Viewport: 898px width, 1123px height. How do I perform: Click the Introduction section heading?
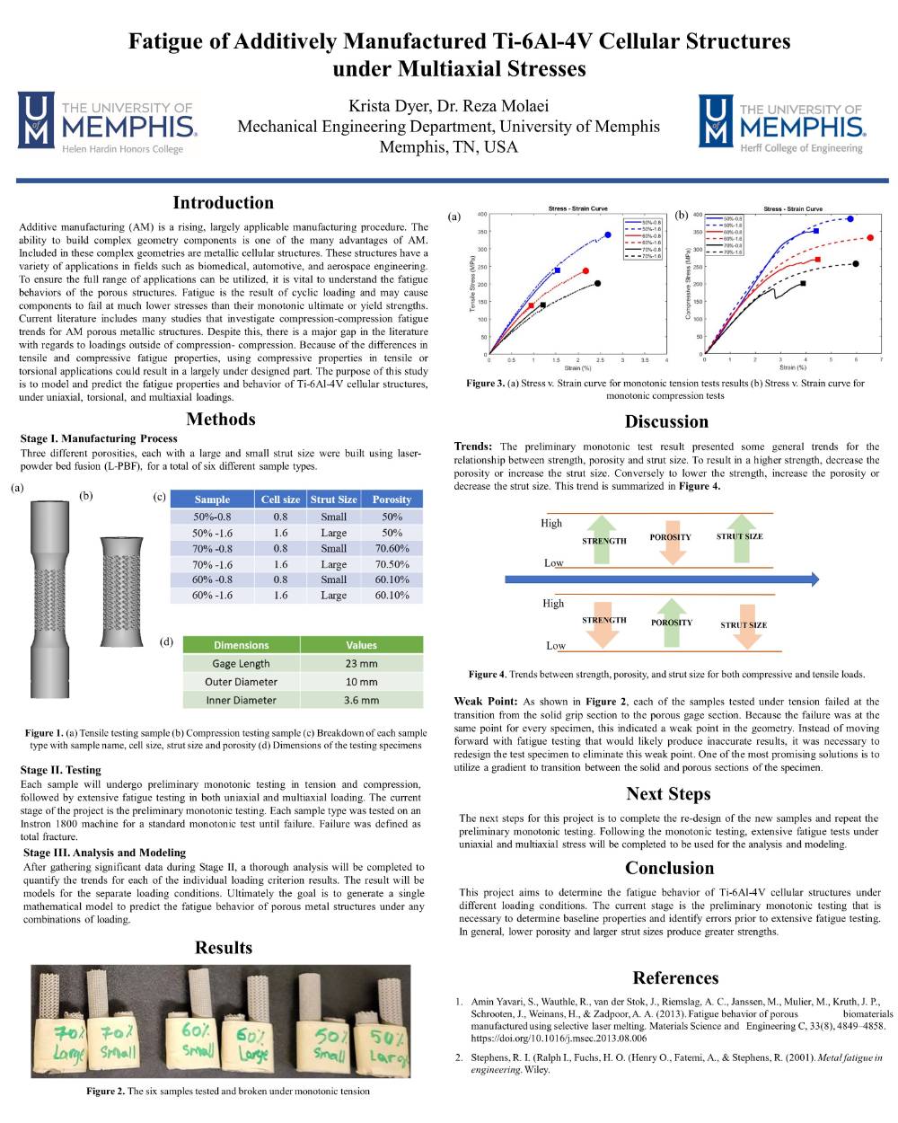click(x=223, y=203)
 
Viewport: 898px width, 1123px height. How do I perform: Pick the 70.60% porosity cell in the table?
click(x=392, y=549)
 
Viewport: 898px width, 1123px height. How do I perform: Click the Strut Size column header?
click(x=333, y=500)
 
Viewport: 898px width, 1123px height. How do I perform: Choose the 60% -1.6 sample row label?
click(x=212, y=596)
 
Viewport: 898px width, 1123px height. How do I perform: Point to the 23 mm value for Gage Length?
click(x=361, y=664)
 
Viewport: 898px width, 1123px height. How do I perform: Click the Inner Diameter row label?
click(x=241, y=701)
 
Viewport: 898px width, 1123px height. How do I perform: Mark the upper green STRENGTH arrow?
click(x=603, y=539)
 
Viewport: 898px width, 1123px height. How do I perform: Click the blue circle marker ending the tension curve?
click(x=608, y=234)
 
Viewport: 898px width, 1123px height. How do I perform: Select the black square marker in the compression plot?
click(x=803, y=283)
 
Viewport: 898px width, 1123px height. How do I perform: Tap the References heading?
click(x=675, y=978)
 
